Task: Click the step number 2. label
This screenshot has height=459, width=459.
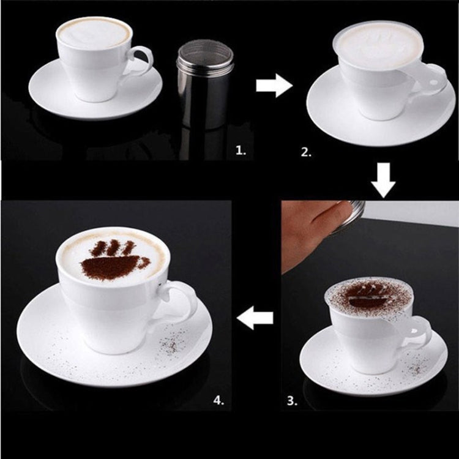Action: tap(306, 151)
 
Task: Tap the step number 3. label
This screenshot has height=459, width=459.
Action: tap(293, 401)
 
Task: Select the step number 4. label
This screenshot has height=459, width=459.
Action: tap(218, 401)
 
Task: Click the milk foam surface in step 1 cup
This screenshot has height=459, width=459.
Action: tap(94, 32)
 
